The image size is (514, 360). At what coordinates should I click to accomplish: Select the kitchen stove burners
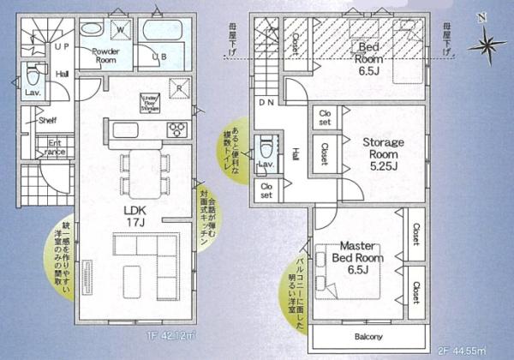tap(176, 130)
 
